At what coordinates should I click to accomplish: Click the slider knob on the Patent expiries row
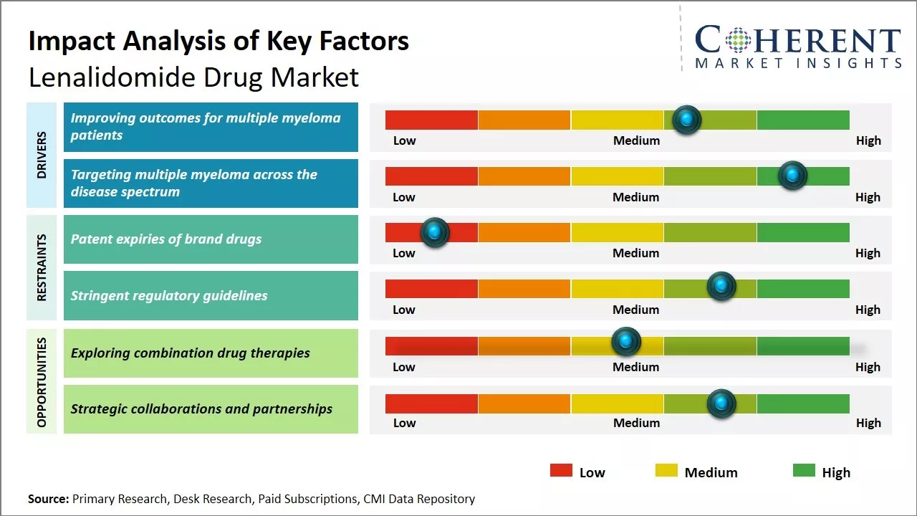(434, 232)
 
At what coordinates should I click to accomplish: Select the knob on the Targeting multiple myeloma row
(792, 176)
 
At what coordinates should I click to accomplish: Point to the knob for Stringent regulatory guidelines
(721, 286)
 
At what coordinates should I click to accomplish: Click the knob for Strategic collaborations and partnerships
(721, 403)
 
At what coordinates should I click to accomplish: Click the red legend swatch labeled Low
(561, 471)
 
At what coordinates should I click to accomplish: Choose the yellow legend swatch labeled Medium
(666, 471)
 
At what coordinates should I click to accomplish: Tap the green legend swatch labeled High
(804, 471)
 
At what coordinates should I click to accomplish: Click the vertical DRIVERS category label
(42, 155)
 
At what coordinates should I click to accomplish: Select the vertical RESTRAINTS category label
(42, 267)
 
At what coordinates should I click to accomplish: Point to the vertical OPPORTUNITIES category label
(42, 382)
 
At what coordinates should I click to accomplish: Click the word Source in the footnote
(48, 499)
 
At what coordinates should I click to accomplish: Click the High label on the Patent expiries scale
(868, 253)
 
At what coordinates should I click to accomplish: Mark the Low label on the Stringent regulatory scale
(404, 310)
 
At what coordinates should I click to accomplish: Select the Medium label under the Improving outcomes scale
(636, 140)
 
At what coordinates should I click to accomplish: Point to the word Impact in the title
(69, 41)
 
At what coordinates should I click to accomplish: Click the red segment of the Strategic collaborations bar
(431, 403)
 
